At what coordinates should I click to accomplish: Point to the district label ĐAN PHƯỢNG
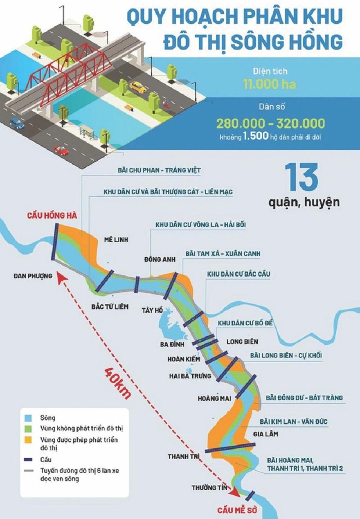pos(32,276)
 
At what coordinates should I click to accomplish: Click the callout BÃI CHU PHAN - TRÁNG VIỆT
pos(152,170)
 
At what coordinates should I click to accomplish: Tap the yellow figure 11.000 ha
pos(270,84)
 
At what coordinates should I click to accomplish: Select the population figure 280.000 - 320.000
pos(270,123)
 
